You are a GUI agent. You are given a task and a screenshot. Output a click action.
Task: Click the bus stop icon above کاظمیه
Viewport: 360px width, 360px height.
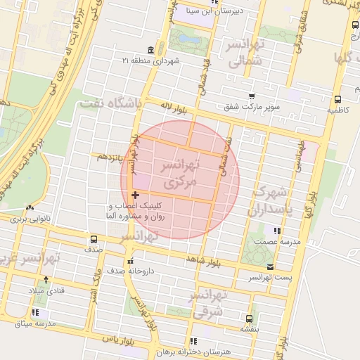(337, 99)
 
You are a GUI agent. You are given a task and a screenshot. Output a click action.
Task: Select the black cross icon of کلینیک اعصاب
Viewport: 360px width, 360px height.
(135, 194)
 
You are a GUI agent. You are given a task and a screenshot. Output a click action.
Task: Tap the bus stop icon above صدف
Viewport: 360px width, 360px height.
(95, 238)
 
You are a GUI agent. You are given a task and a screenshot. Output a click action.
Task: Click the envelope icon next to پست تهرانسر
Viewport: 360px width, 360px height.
(271, 266)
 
